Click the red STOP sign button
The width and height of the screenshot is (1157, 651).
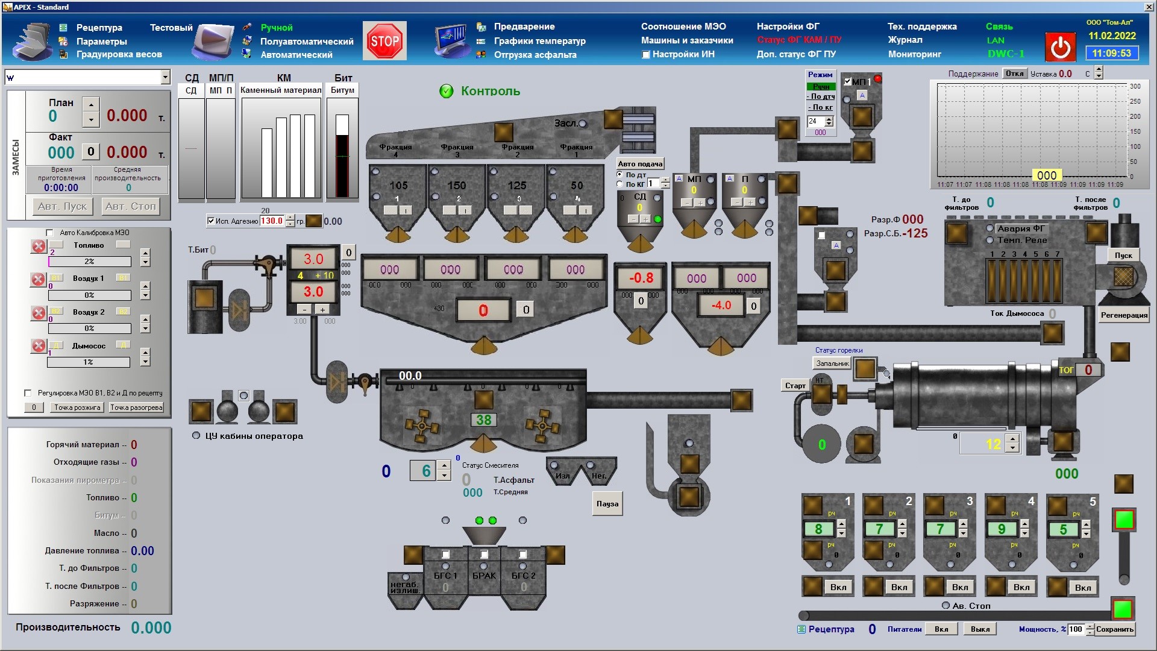click(x=384, y=41)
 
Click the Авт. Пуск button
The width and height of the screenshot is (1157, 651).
click(x=63, y=206)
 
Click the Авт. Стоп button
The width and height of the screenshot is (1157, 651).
click(x=130, y=206)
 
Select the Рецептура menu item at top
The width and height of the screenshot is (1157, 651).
click(x=99, y=28)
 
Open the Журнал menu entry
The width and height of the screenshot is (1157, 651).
click(x=905, y=40)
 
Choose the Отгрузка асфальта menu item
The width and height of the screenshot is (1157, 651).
click(x=535, y=55)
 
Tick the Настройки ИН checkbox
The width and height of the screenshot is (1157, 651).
click(x=646, y=54)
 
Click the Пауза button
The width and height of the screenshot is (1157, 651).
click(x=607, y=504)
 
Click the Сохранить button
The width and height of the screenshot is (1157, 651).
click(x=1114, y=629)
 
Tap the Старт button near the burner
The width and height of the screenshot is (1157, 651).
click(x=795, y=386)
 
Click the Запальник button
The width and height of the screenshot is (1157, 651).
click(x=832, y=363)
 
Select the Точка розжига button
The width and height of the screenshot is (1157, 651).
click(x=77, y=407)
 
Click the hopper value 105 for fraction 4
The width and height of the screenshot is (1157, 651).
click(x=398, y=186)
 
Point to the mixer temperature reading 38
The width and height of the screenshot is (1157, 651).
click(x=483, y=420)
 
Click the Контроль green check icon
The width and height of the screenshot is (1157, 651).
click(x=447, y=91)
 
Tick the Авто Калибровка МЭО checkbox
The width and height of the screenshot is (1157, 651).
click(x=50, y=233)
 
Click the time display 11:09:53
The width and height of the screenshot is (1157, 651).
click(x=1112, y=53)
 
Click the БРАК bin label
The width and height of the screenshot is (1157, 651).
click(x=484, y=576)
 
